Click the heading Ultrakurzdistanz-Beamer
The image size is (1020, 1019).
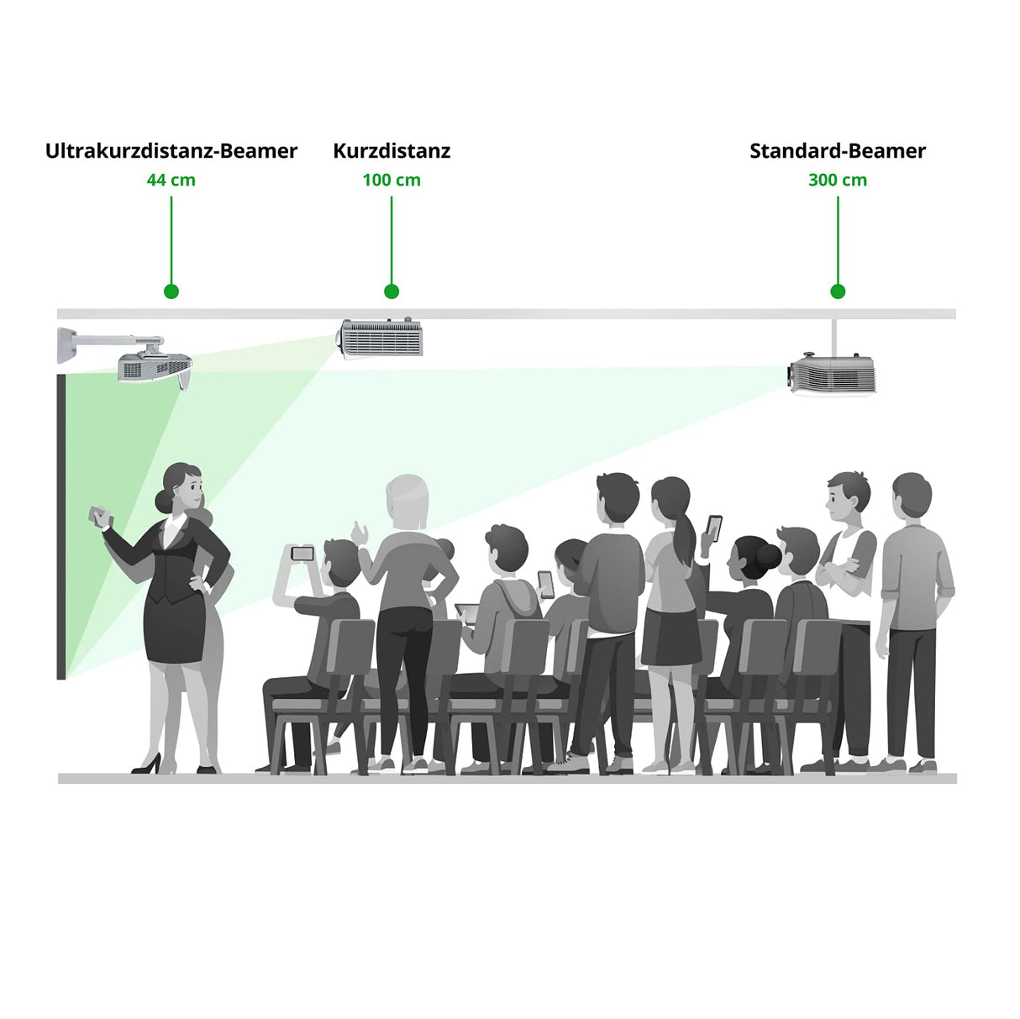click(x=171, y=151)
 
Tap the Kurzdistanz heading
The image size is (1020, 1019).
click(x=392, y=151)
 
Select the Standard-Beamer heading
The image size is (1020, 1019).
click(x=838, y=151)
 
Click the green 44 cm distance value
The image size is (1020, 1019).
click(x=171, y=180)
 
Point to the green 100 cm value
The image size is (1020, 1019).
click(x=392, y=180)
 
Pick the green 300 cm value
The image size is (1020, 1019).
click(x=838, y=180)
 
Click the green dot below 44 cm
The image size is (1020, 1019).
click(x=171, y=292)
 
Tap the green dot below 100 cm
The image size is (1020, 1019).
click(x=392, y=292)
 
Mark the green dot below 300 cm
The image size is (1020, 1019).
click(x=838, y=292)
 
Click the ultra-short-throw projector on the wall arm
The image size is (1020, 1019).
click(x=155, y=368)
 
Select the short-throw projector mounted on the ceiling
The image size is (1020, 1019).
click(x=380, y=338)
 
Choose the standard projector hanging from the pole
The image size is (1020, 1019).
click(x=830, y=375)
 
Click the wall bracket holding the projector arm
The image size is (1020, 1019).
click(x=67, y=345)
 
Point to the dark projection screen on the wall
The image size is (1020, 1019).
click(x=61, y=526)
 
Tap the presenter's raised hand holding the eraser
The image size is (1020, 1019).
click(x=99, y=516)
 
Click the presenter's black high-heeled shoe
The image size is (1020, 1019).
click(x=147, y=764)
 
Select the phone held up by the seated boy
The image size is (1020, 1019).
click(x=302, y=554)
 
